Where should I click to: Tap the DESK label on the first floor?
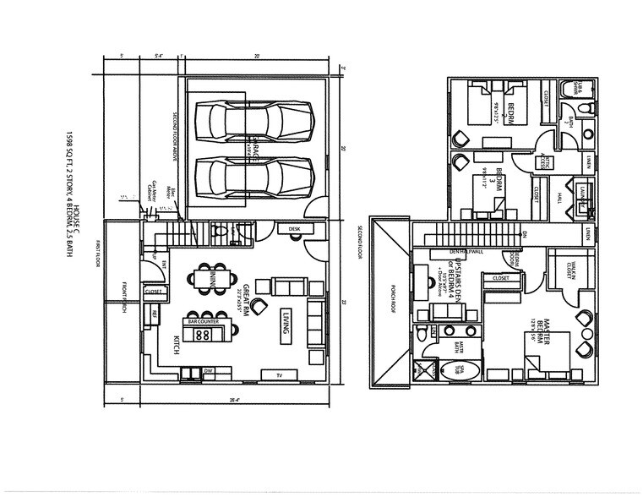coord(294,229)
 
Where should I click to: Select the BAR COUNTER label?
coord(204,322)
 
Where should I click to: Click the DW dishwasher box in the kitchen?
coord(208,370)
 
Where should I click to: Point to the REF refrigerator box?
coord(155,314)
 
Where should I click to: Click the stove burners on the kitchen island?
coord(204,336)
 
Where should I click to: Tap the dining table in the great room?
coord(207,278)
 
